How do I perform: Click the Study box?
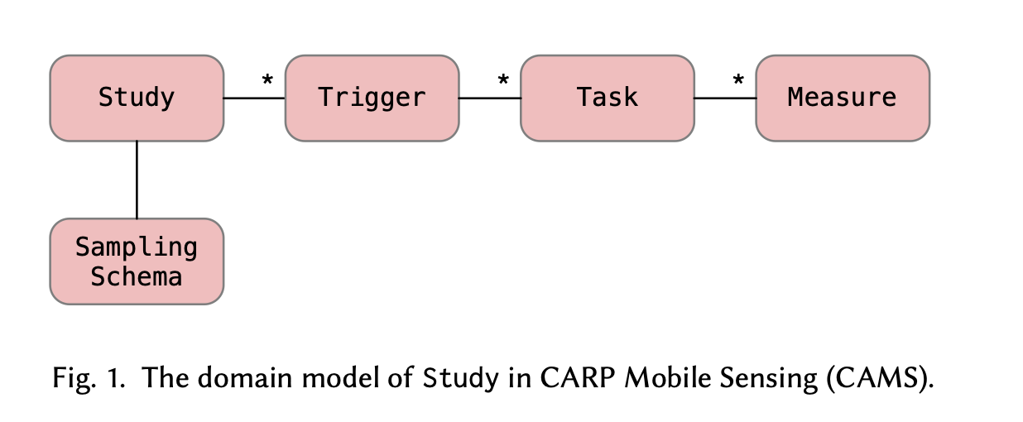[137, 98]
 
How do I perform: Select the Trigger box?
[372, 98]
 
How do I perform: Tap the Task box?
[608, 98]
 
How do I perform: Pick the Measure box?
[843, 98]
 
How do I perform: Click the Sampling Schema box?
[137, 261]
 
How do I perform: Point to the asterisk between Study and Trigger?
[267, 80]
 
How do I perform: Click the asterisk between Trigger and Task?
[503, 80]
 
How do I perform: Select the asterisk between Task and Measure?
[738, 80]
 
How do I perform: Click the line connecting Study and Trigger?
[254, 98]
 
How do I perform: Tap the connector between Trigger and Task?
[490, 98]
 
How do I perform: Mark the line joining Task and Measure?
[725, 98]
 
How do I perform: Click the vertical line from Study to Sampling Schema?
[137, 180]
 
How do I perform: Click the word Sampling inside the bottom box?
[136, 248]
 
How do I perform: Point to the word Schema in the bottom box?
[136, 276]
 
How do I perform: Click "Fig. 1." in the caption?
[89, 379]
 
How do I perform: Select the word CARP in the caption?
[578, 378]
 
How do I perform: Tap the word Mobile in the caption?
[668, 378]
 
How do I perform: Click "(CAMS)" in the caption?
[880, 379]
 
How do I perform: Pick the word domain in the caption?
[245, 378]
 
